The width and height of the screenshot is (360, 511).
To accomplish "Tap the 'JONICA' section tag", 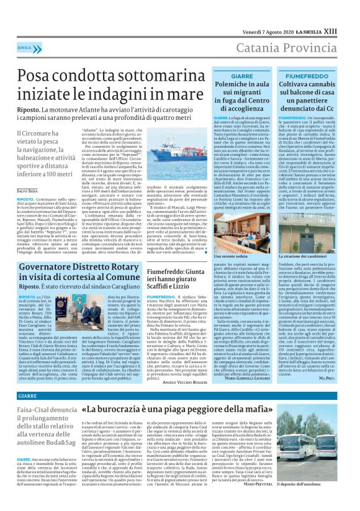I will pyautogui.click(x=25, y=47).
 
